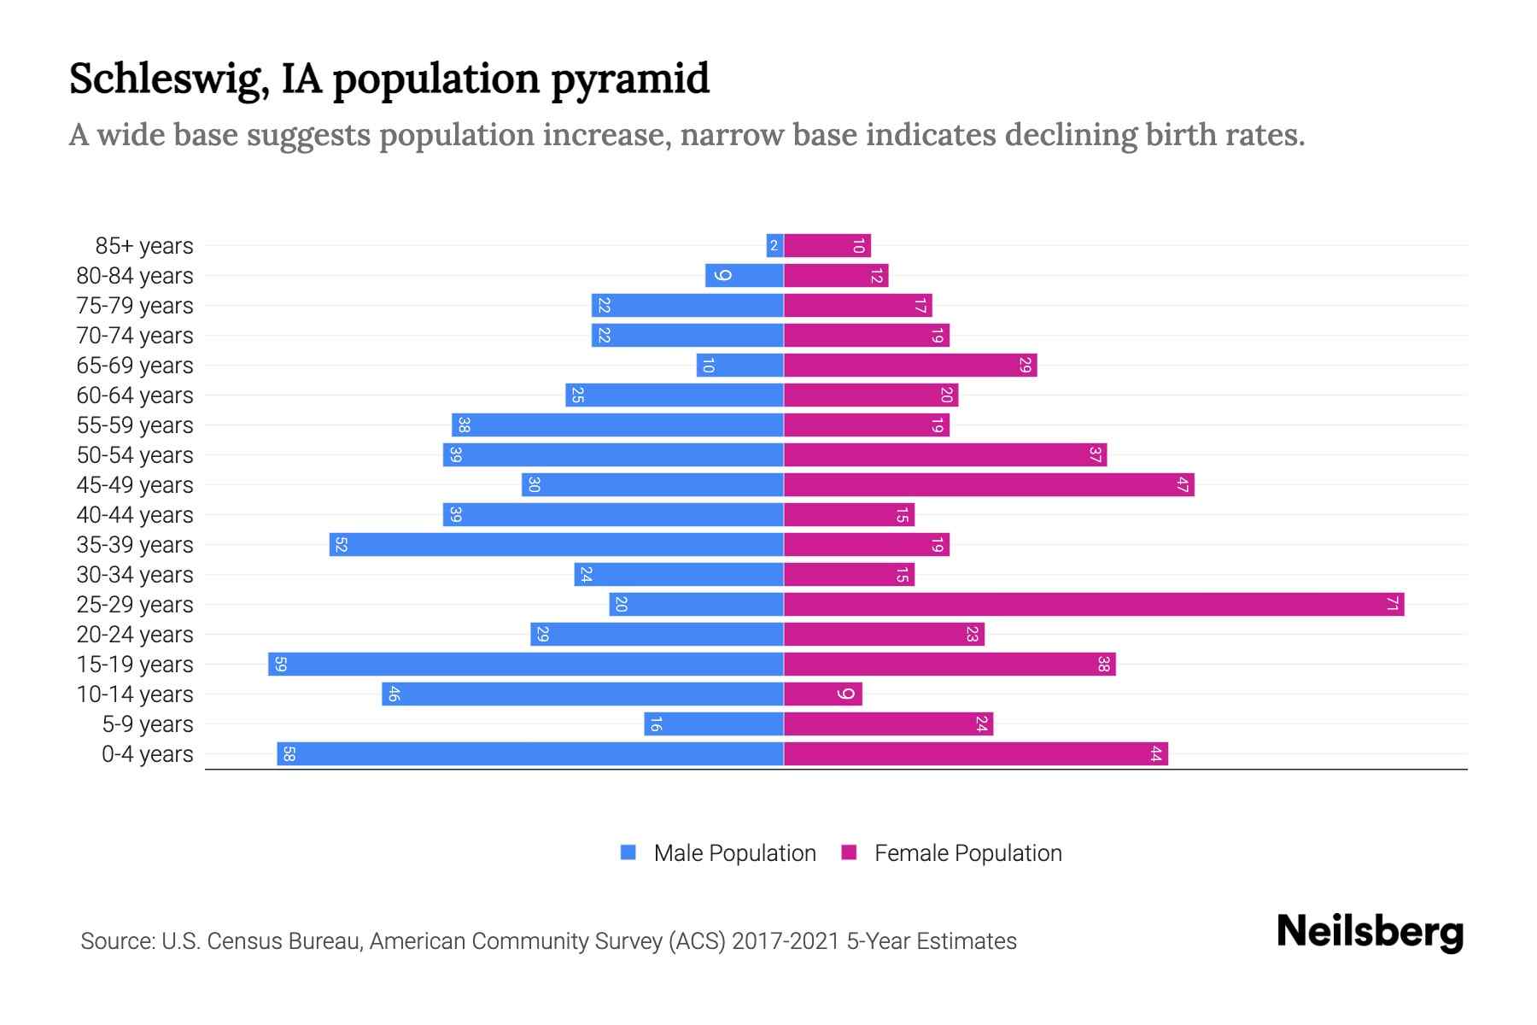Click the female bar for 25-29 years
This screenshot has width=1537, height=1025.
coord(1093,605)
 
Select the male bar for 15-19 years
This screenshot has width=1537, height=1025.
coord(525,665)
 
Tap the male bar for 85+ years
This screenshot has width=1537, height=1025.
coord(774,246)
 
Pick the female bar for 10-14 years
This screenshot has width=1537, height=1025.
coord(822,694)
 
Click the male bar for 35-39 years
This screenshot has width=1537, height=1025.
coord(556,545)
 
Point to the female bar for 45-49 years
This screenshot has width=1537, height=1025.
coord(988,485)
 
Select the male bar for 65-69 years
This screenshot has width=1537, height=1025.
coord(739,366)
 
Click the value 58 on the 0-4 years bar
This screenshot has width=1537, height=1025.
coord(289,754)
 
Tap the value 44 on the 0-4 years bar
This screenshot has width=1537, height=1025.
coord(1155,754)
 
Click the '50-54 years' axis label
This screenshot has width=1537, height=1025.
coord(135,455)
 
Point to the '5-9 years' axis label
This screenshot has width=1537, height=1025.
coord(148,724)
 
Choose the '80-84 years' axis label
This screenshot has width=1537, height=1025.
coord(135,276)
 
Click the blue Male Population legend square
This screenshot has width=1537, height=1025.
coord(628,852)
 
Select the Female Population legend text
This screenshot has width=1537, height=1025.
coord(967,853)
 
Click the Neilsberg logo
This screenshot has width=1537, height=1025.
coord(1370,932)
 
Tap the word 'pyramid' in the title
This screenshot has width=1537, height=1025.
coord(629,79)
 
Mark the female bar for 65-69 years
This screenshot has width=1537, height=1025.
coord(909,366)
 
